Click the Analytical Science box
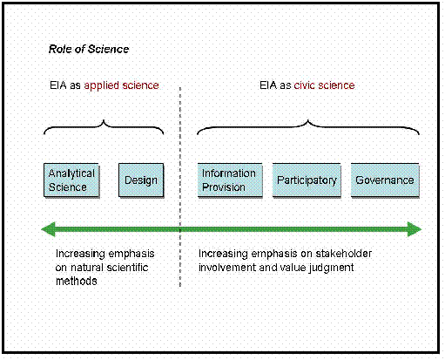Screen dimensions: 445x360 click(x=71, y=180)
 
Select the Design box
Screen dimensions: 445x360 click(x=141, y=180)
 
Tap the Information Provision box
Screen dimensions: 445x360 click(x=230, y=180)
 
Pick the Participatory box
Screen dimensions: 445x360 click(x=307, y=180)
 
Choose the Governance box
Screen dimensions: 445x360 click(x=385, y=180)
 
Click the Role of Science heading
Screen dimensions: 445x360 click(x=89, y=49)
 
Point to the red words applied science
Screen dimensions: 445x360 click(x=121, y=85)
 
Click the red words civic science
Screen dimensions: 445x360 click(x=324, y=85)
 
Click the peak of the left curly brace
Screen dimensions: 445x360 click(x=104, y=120)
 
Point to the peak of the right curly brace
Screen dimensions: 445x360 click(x=308, y=120)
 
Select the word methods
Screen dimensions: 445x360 click(x=77, y=282)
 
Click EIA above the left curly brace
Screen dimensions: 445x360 click(x=58, y=85)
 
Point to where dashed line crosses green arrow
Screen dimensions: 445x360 click(x=180, y=229)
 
